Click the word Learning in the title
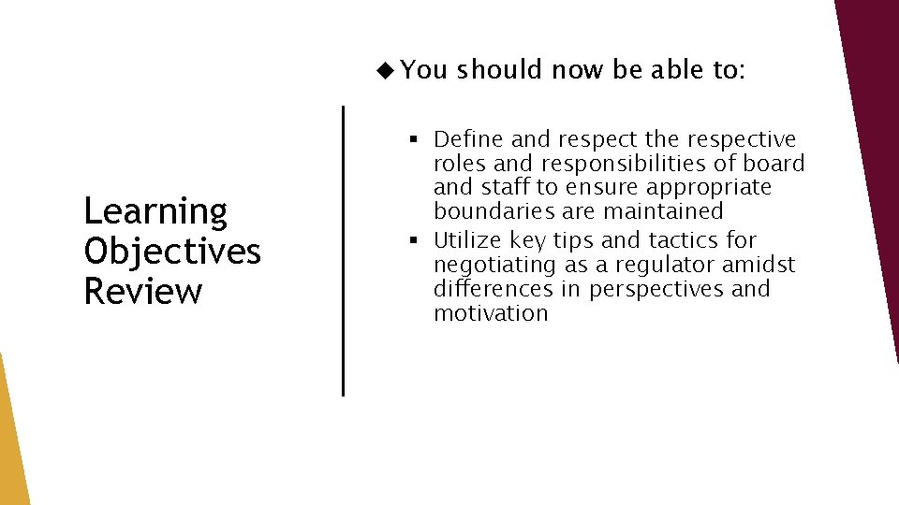pyautogui.click(x=155, y=212)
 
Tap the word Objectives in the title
pyautogui.click(x=172, y=252)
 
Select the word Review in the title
pyautogui.click(x=142, y=291)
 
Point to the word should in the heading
pyautogui.click(x=499, y=69)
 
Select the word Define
pyautogui.click(x=468, y=139)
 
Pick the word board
pyautogui.click(x=773, y=164)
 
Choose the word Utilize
pyautogui.click(x=467, y=240)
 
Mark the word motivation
pyautogui.click(x=490, y=313)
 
